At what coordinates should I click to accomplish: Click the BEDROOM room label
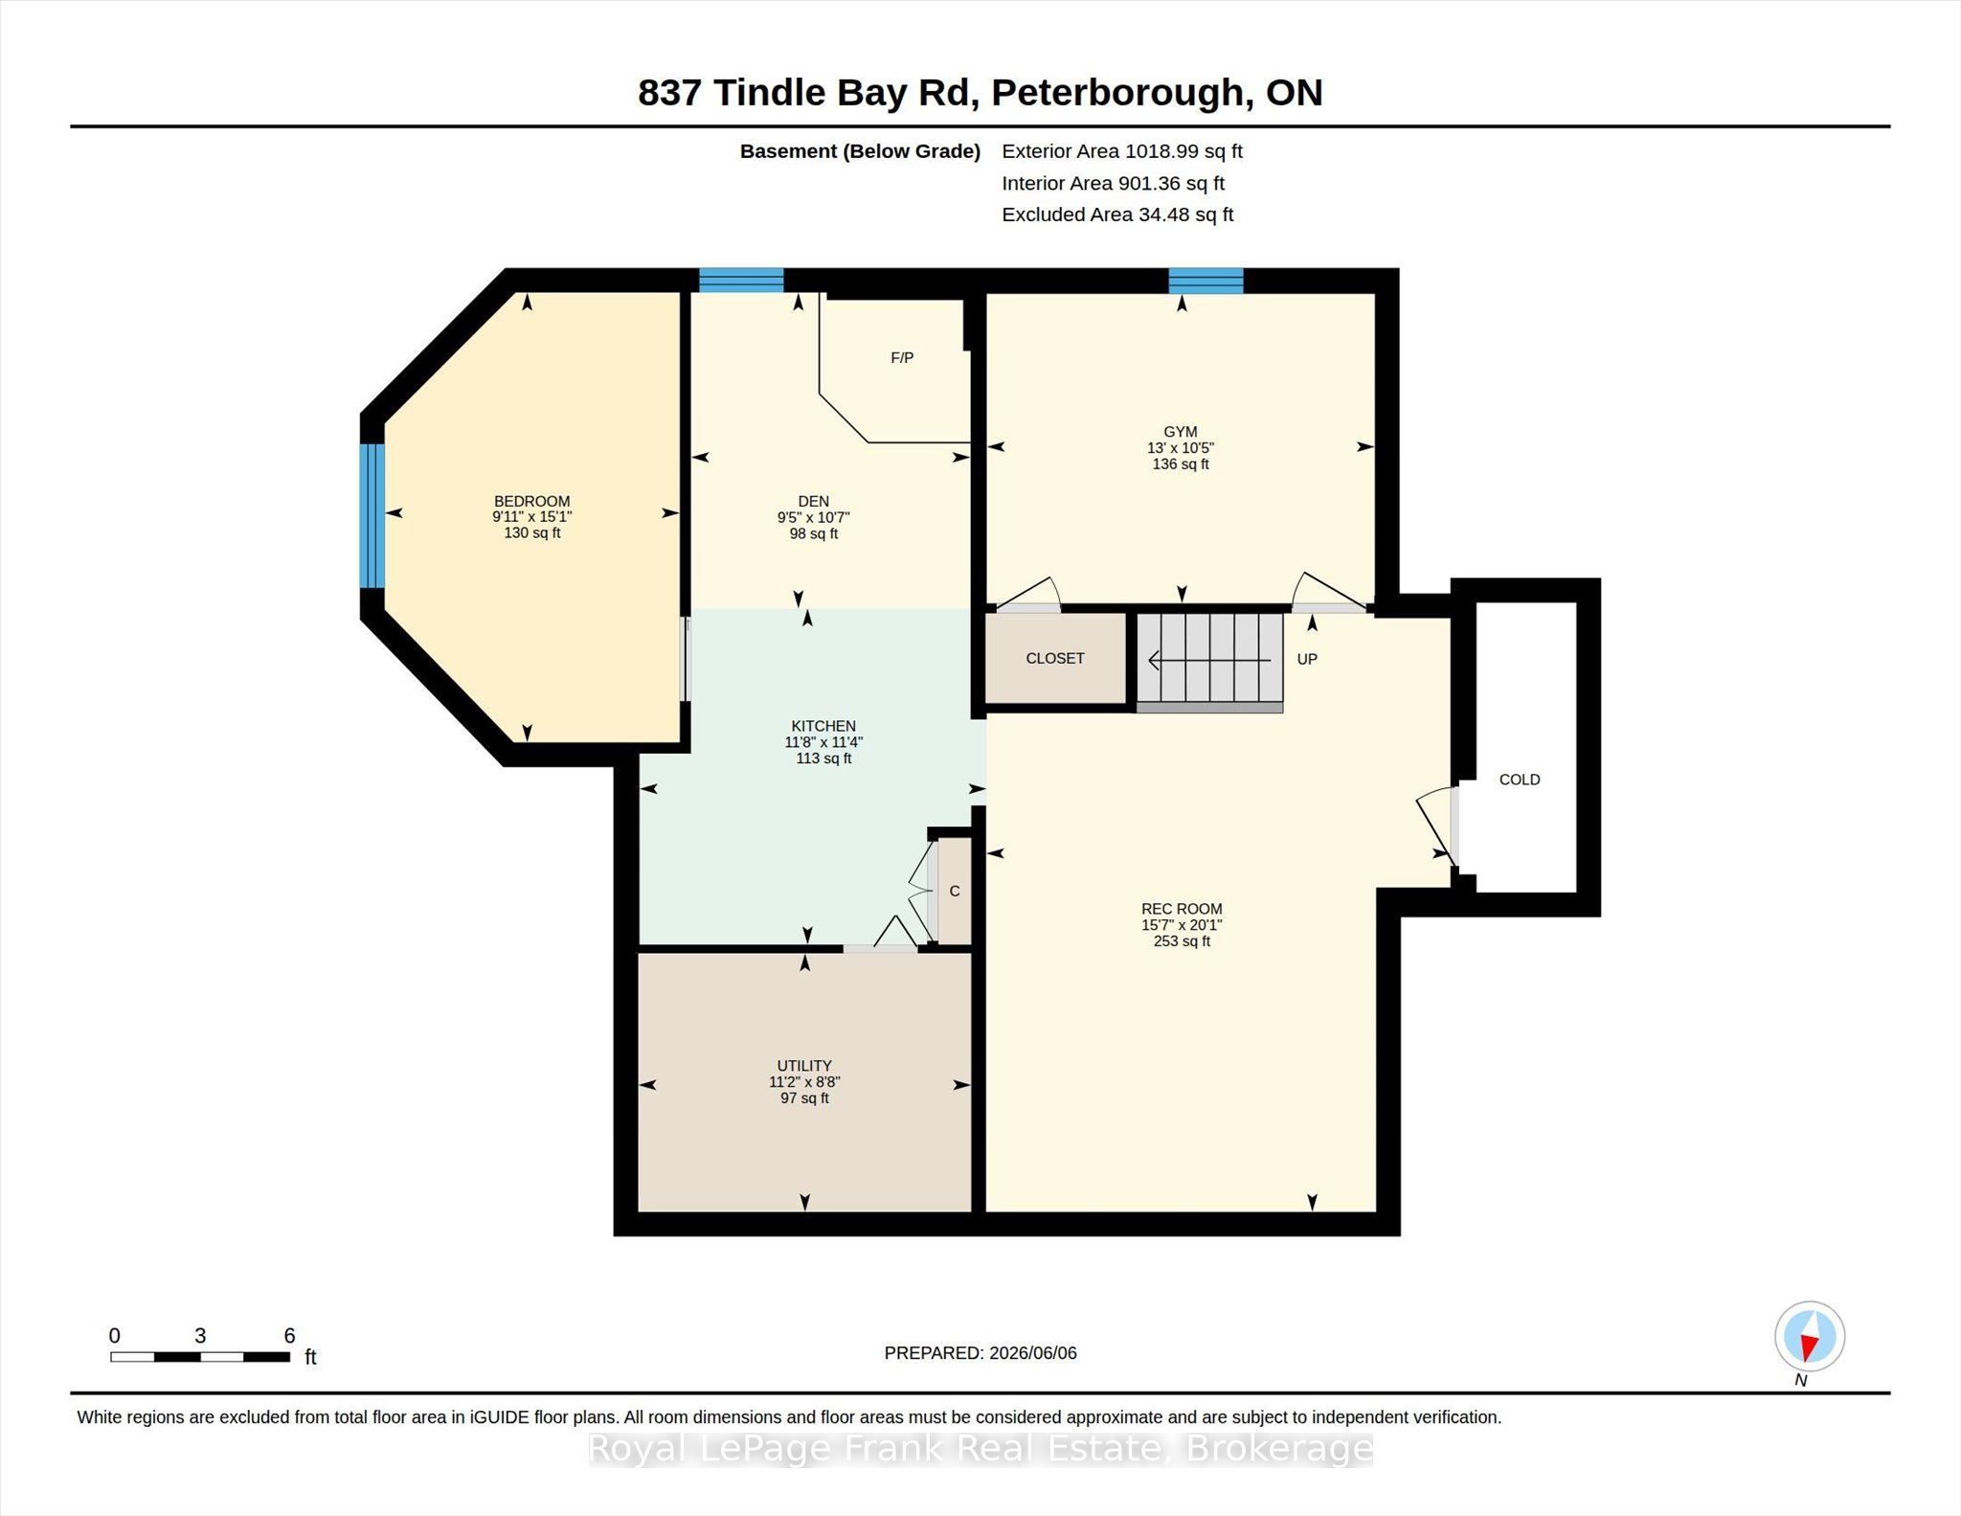(531, 501)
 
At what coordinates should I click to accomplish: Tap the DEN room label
(813, 501)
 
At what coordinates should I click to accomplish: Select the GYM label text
(1181, 432)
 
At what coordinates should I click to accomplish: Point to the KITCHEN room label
(823, 726)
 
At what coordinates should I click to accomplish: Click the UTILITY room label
(804, 1066)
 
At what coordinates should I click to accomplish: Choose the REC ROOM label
(1182, 909)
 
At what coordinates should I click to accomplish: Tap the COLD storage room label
(1520, 780)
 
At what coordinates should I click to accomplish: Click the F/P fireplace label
(902, 357)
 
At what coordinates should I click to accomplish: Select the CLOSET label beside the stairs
(1055, 658)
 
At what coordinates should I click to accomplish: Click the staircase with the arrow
(1210, 660)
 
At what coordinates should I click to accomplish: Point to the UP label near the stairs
(1307, 659)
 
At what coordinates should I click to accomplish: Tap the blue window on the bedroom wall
(372, 515)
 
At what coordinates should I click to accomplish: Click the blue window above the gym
(1206, 281)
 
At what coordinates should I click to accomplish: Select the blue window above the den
(741, 280)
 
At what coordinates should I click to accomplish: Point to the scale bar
(200, 1356)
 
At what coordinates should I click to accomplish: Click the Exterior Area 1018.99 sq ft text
(1122, 151)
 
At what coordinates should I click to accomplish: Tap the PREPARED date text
(980, 1353)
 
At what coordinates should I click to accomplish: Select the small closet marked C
(955, 891)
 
